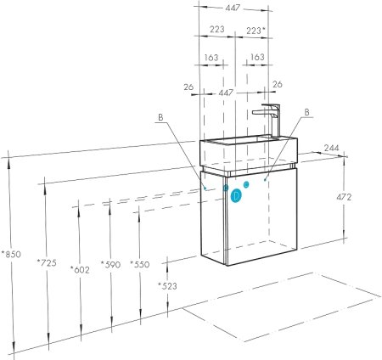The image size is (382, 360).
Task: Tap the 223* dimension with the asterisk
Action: (x=255, y=30)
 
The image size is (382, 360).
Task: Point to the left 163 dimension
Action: (x=212, y=58)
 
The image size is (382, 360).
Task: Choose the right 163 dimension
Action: (x=257, y=58)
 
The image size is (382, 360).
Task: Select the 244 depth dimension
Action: (x=332, y=149)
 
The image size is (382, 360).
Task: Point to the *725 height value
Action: (x=47, y=264)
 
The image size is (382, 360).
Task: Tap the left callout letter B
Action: (x=160, y=117)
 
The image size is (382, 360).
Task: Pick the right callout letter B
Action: (x=306, y=111)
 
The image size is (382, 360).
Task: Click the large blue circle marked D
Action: (x=237, y=194)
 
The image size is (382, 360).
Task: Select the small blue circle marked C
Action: (x=246, y=183)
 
